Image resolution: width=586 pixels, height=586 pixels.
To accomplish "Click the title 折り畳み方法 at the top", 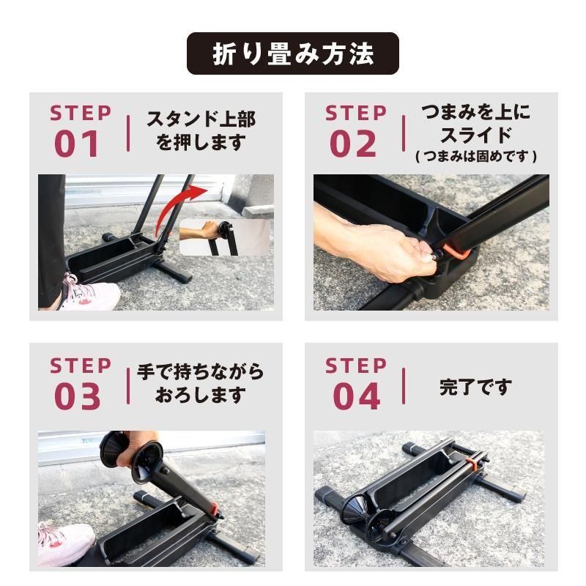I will tap(293, 54).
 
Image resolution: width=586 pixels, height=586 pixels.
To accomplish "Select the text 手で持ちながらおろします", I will tap(200, 382).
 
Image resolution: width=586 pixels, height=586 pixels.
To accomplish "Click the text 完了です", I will tap(475, 387).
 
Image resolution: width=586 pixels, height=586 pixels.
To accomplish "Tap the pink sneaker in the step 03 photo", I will tap(64, 542).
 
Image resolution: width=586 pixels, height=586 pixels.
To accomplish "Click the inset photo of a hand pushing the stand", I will tap(224, 236).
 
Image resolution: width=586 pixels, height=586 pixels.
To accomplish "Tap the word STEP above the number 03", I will tap(81, 365).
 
